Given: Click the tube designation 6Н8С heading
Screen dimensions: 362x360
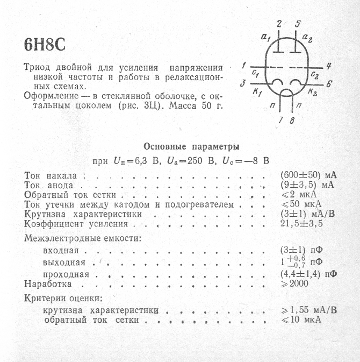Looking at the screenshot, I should (x=45, y=45).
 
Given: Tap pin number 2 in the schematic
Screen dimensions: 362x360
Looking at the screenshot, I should (x=278, y=24).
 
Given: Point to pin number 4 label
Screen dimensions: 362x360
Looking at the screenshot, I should (x=328, y=66).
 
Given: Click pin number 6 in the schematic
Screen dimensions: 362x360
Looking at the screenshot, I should (x=329, y=84).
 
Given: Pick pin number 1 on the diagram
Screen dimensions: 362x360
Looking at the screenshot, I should (x=244, y=65).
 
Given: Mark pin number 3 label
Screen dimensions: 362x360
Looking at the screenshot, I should (x=243, y=83).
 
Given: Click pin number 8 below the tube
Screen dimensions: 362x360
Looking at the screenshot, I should (x=292, y=120).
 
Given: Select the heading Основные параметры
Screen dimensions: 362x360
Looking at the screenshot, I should (x=191, y=146).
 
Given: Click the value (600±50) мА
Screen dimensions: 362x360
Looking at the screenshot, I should (x=308, y=175).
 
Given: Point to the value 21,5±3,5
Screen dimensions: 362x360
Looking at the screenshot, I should (x=302, y=224).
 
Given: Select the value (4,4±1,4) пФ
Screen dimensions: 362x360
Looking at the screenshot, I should (x=309, y=274).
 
